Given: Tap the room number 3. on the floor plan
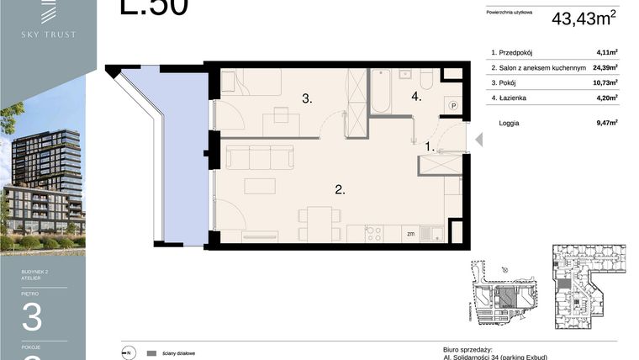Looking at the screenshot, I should tap(308, 98).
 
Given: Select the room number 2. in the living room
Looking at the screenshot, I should tap(340, 190).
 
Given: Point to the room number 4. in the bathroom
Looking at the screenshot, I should tap(416, 97).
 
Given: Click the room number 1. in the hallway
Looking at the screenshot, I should tap(430, 146).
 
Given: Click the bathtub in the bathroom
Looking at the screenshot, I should tap(381, 92).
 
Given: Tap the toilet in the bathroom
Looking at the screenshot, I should tap(426, 79).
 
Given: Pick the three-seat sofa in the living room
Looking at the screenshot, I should tap(259, 158).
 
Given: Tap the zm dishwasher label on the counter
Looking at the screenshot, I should tap(410, 234).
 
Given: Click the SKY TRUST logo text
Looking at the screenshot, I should tap(49, 34).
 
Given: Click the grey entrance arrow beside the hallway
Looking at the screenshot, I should tap(480, 138).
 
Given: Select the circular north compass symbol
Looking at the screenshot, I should tap(129, 353).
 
